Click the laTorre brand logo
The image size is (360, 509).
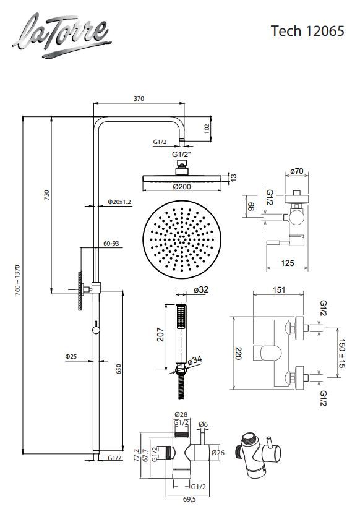62,35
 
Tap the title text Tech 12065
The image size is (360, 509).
307,31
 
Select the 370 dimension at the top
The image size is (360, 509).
139,99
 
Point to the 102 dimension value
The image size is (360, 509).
207,128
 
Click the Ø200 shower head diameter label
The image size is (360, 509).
182,186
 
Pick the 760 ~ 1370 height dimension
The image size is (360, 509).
17,278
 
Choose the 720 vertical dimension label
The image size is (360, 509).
47,195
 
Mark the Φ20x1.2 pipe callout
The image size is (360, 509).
119,202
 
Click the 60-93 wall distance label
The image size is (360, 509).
111,243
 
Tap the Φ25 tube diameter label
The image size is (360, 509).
71,356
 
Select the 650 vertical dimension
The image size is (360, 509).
119,369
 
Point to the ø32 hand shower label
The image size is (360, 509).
201,289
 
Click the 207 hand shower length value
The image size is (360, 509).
161,335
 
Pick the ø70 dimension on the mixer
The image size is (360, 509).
296,171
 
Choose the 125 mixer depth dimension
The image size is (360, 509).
287,263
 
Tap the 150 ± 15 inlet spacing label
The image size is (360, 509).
341,353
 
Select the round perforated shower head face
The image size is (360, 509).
182,239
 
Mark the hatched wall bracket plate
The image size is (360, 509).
80,291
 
